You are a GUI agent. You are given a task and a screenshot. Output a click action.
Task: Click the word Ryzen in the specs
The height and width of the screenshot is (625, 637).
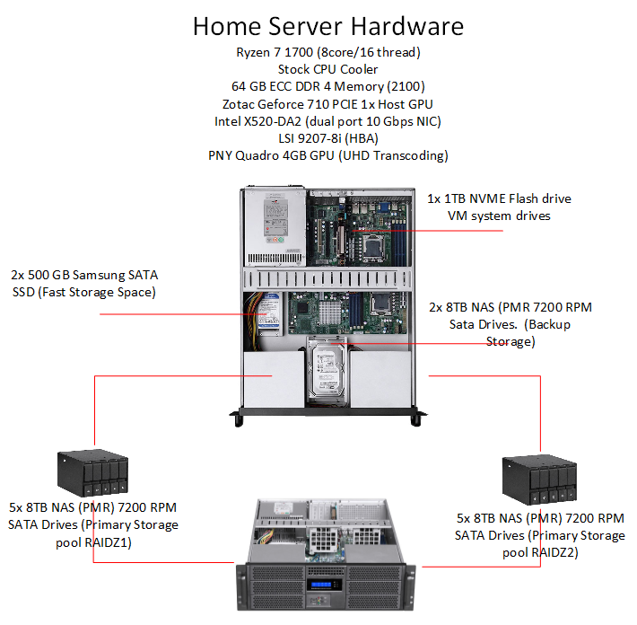(x=255, y=52)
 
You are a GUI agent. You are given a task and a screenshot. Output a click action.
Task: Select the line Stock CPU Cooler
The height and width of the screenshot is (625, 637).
(x=328, y=69)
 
